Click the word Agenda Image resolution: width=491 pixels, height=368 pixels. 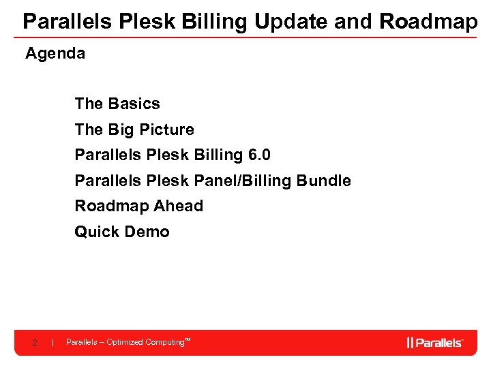click(x=55, y=53)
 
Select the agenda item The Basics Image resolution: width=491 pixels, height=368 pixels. click(x=117, y=104)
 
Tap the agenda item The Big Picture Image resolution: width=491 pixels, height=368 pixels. click(x=134, y=129)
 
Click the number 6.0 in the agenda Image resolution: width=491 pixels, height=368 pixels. click(x=259, y=155)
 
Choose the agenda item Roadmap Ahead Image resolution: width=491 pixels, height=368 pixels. click(x=139, y=206)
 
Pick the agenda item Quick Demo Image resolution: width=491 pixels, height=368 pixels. click(x=122, y=232)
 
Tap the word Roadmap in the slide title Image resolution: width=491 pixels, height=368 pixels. click(x=428, y=22)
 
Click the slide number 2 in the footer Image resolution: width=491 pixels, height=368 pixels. click(x=35, y=342)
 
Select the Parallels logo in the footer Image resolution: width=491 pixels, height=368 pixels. click(x=435, y=342)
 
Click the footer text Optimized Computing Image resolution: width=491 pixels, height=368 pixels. click(x=146, y=342)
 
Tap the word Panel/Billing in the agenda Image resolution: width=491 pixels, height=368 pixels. click(x=253, y=181)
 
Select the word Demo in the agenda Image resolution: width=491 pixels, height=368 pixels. click(x=149, y=232)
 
